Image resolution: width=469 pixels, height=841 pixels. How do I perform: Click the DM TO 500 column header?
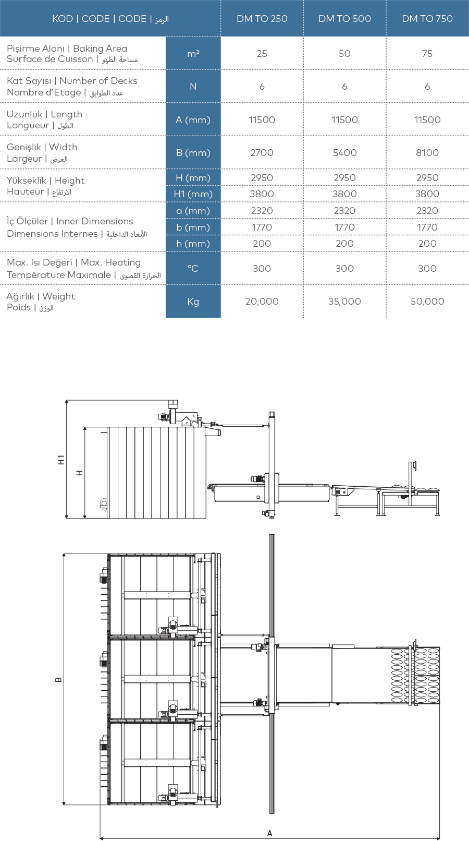point(344,18)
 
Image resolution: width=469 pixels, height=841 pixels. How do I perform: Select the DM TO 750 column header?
point(427,18)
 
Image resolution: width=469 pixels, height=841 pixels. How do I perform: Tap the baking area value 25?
point(262,54)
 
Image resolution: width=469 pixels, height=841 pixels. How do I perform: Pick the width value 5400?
point(344,153)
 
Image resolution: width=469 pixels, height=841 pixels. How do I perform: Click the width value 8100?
point(427,153)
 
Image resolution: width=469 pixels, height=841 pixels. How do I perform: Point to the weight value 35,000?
point(344,302)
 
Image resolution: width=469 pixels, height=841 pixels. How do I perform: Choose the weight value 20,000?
point(262,302)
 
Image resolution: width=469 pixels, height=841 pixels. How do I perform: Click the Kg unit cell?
point(193,302)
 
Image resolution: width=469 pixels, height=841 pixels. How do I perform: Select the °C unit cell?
point(193,269)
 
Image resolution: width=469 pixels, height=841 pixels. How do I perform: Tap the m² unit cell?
point(193,54)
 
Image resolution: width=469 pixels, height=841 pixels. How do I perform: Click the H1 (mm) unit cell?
point(193,194)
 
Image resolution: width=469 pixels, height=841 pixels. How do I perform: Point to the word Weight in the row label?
point(58,297)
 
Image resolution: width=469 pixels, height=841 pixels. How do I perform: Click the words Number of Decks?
point(98,81)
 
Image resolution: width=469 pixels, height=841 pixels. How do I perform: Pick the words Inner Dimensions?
point(94,222)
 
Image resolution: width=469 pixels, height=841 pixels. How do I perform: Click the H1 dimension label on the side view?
point(61,460)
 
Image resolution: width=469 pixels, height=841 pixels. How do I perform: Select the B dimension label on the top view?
point(58,680)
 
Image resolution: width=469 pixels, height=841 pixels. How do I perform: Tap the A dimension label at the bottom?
point(269,834)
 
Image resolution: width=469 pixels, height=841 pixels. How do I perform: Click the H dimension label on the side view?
point(79,473)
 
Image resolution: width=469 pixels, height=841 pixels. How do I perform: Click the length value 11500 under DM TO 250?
point(262,120)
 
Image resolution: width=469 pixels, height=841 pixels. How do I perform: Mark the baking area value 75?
point(427,54)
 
